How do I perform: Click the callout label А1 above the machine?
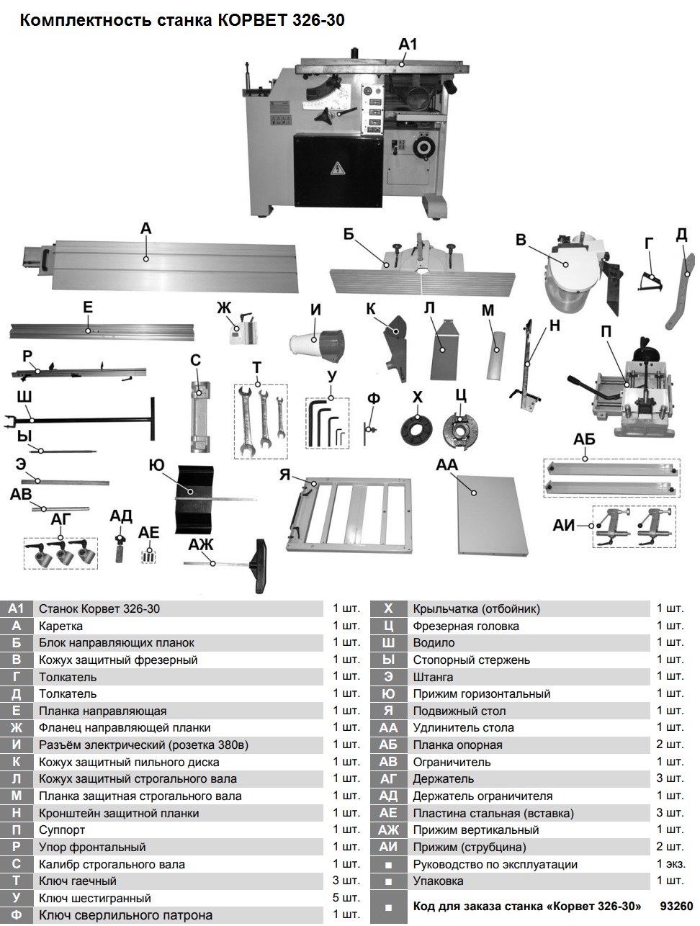408,45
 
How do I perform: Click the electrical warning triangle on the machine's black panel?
336,170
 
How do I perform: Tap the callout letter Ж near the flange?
225,308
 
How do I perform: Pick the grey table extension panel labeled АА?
486,514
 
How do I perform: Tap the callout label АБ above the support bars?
584,439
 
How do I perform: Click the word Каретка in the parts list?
60,626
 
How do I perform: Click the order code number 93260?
676,906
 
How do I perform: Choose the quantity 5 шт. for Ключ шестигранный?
346,898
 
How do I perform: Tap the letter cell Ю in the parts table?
388,694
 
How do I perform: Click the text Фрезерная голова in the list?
465,626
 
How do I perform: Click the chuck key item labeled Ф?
369,431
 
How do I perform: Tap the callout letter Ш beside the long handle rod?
23,397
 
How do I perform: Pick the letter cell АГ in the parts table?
388,779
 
